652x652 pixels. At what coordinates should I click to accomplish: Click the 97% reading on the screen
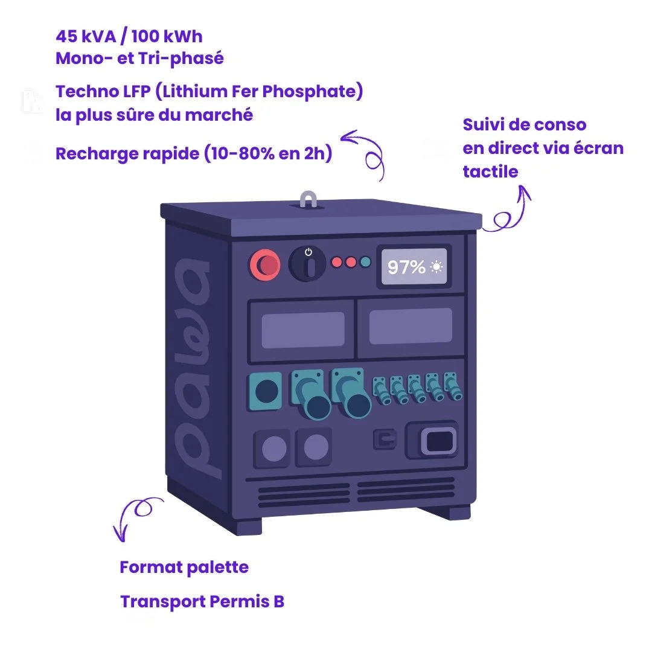click(x=406, y=267)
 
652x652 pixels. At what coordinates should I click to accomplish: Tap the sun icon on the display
click(x=436, y=267)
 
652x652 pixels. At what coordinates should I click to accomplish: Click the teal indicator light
click(x=365, y=262)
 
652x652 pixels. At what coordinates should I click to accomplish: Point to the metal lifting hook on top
click(x=308, y=200)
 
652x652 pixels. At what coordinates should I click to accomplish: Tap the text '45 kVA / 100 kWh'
click(x=129, y=36)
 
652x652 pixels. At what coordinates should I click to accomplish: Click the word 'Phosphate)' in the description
click(x=314, y=92)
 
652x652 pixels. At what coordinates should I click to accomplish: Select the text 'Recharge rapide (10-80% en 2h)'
click(x=194, y=153)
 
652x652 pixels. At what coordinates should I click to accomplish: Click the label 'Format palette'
click(x=184, y=567)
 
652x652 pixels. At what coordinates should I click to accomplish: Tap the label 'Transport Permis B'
click(x=202, y=601)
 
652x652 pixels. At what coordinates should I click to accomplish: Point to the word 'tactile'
click(x=490, y=171)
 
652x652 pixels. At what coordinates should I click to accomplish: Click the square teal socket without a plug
click(x=265, y=392)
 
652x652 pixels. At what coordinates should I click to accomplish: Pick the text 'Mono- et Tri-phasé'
click(x=139, y=58)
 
